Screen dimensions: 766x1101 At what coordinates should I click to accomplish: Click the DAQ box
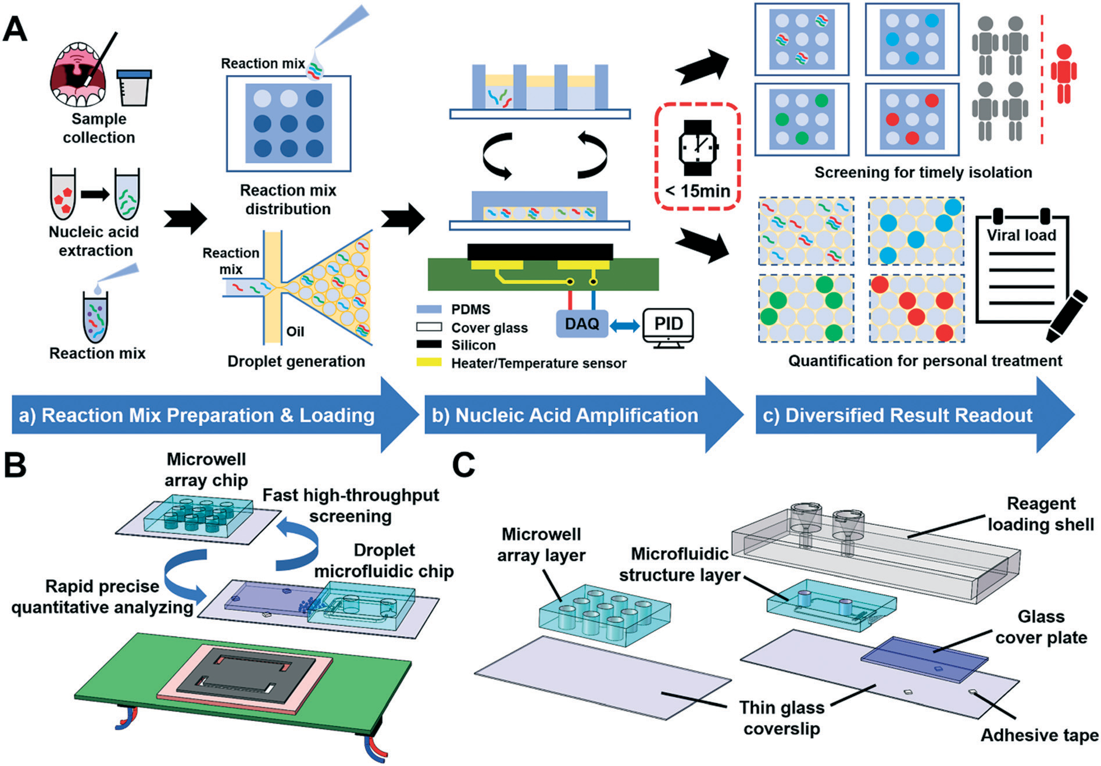tap(582, 324)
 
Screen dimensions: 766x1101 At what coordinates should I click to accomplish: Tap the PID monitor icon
tap(668, 327)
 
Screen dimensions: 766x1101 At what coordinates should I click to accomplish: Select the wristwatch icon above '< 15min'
tap(698, 148)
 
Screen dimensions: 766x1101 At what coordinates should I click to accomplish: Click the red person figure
tap(1063, 74)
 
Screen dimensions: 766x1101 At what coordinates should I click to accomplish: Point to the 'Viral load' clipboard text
tap(1021, 235)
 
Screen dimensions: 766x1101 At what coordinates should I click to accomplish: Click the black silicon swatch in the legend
tap(429, 345)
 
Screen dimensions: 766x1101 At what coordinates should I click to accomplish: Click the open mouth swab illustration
tap(78, 74)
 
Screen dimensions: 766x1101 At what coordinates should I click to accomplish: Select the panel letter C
tap(463, 465)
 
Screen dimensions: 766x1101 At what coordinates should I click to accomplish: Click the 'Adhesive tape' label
tap(1039, 735)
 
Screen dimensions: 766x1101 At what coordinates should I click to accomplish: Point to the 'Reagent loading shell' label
tap(1041, 514)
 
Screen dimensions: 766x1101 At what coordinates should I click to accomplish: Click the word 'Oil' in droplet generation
tap(295, 332)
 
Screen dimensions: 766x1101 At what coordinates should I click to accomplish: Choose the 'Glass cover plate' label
tap(1041, 627)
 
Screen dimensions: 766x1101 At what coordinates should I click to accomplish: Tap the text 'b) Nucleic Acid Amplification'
tap(564, 415)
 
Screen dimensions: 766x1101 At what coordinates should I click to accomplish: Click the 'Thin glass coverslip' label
tap(781, 718)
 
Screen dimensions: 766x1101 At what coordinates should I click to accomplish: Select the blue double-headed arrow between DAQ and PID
tap(625, 326)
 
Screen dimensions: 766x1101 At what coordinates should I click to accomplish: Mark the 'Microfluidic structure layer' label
tap(679, 564)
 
